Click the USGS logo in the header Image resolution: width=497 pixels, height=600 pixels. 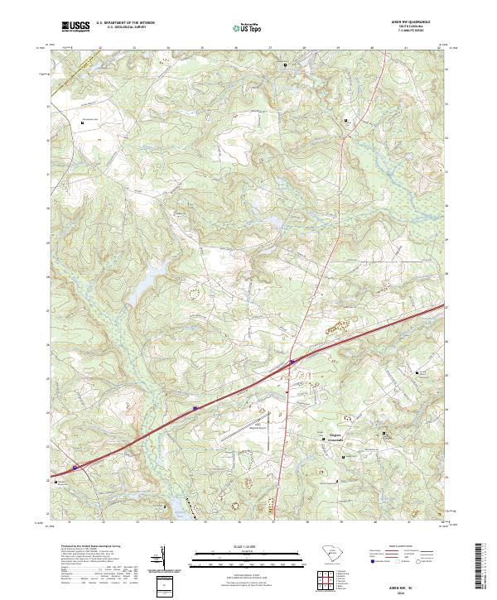75,26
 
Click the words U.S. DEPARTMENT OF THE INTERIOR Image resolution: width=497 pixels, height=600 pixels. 125,23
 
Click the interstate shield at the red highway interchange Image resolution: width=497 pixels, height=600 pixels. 292,361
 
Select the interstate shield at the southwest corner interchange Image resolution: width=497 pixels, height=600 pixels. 75,468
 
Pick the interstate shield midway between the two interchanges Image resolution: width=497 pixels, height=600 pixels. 195,407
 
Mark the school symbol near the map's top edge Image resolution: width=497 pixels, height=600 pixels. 287,65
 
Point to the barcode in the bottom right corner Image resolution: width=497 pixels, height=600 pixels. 480,567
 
